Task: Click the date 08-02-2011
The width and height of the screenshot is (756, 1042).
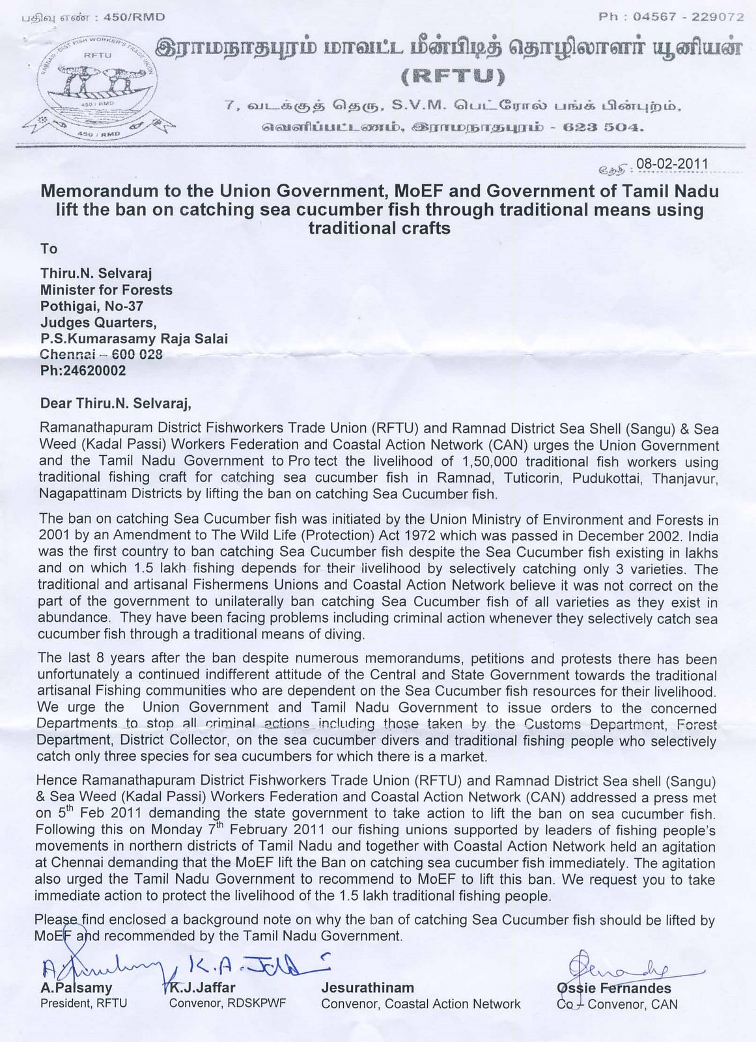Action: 672,163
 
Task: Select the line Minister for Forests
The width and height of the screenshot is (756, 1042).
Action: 106,290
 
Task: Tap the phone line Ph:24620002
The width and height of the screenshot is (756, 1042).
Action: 83,371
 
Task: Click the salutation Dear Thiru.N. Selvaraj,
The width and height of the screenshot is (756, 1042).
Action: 115,404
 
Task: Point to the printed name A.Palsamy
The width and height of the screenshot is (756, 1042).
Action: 76,988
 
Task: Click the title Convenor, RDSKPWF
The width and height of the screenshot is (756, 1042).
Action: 227,1004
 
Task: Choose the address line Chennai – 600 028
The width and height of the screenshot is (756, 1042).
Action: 101,355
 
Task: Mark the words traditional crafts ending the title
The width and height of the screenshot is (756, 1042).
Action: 379,229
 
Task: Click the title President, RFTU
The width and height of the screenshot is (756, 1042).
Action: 83,1004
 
